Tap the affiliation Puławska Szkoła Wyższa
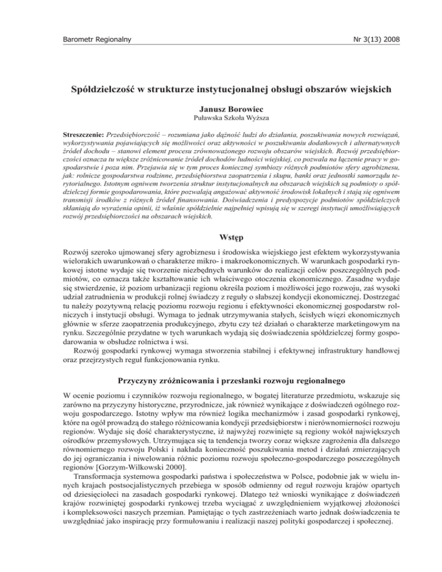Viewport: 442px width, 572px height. click(x=220, y=122)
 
